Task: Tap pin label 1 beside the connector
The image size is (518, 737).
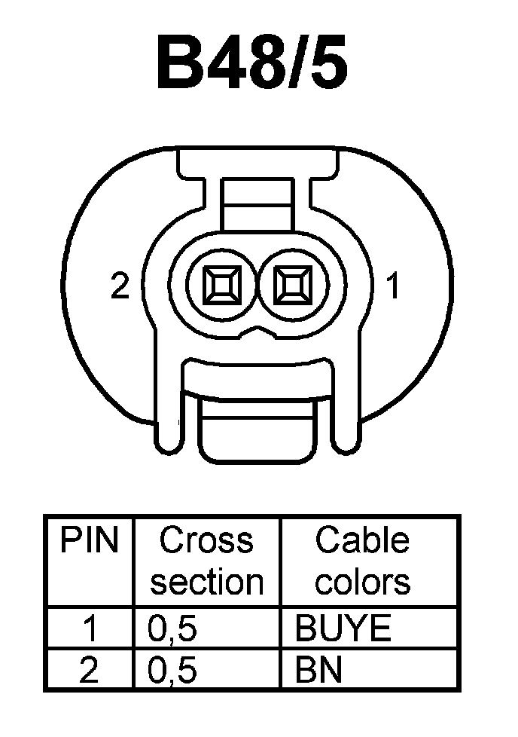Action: click(392, 286)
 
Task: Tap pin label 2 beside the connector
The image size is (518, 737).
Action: click(120, 286)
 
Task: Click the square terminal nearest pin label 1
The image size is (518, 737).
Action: click(292, 286)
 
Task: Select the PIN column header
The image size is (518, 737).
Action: click(89, 540)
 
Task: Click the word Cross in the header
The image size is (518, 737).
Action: click(206, 540)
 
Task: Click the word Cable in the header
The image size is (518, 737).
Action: click(362, 540)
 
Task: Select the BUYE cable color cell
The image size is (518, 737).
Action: click(344, 628)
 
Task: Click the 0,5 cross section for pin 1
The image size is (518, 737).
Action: click(172, 628)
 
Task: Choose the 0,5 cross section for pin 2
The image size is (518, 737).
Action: click(172, 670)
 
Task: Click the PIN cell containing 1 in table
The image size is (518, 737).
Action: click(89, 628)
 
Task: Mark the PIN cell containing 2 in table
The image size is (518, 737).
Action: click(89, 670)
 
